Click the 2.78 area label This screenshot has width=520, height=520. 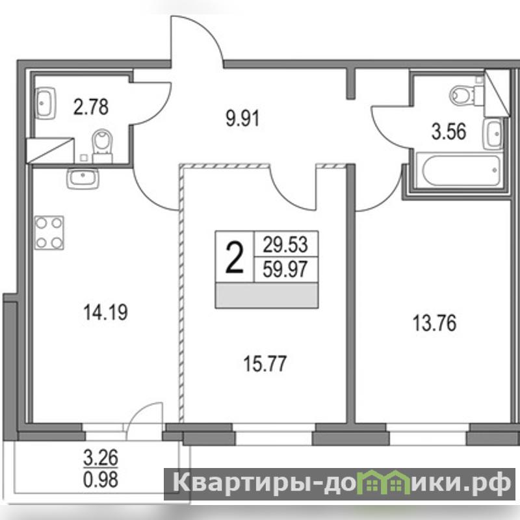(91, 107)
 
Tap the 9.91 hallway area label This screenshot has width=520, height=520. (242, 119)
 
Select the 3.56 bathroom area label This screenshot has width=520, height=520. (448, 131)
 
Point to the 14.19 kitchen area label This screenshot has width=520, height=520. (105, 313)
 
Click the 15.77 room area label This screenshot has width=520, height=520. (265, 364)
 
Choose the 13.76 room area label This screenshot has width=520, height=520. (434, 323)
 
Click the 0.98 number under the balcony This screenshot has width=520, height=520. (101, 480)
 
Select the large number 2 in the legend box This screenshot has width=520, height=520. (235, 257)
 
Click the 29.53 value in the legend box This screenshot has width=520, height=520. (285, 244)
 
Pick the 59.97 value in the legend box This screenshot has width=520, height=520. (285, 269)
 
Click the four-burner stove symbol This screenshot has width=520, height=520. (49, 233)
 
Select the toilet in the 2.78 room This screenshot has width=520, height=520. (103, 146)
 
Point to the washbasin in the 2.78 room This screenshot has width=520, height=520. (45, 103)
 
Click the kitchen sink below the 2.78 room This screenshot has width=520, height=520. (83, 178)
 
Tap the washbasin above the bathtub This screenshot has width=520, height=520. (493, 134)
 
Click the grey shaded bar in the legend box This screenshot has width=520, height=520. (266, 296)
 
